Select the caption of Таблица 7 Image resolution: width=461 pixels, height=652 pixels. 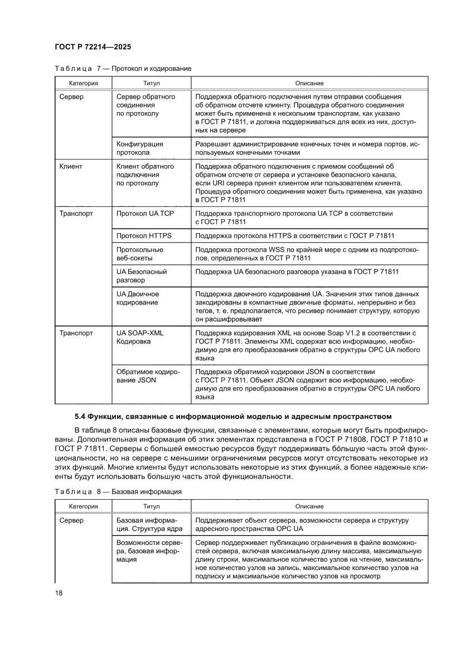123,69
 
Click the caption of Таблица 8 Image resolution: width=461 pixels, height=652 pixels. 118,492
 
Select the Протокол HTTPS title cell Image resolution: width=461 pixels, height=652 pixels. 144,236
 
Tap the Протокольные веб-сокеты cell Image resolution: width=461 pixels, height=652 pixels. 140,254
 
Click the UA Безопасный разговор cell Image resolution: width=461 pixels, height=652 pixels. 142,276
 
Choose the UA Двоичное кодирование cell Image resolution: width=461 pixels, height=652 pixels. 138,298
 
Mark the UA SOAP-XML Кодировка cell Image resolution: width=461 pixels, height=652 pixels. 140,337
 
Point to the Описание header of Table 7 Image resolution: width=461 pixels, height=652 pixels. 309,83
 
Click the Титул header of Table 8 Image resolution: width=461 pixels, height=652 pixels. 151,506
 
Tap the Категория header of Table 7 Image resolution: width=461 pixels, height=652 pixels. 84,83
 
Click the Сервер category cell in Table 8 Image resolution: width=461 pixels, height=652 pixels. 71,520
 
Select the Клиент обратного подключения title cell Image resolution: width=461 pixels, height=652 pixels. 145,175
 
